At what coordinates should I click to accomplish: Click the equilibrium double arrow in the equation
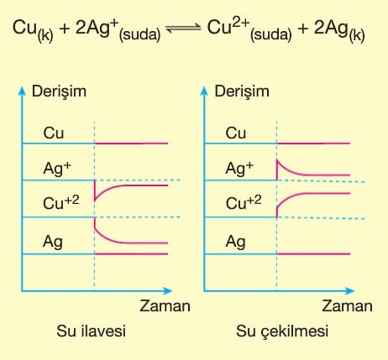point(184,28)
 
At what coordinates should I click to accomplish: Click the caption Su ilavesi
point(92,331)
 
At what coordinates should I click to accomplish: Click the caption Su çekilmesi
point(282,331)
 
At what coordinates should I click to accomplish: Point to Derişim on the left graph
point(59,92)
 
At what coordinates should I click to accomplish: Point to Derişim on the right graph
point(242,92)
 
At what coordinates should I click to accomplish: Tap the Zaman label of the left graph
point(165,305)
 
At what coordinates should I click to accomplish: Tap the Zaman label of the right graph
point(347,305)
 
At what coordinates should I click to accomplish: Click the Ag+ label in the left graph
point(57,169)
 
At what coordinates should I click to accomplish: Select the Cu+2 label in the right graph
point(244,202)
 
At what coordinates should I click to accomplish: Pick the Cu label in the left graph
point(54,133)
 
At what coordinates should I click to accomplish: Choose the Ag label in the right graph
point(235,242)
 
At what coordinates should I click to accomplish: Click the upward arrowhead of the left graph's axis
point(22,91)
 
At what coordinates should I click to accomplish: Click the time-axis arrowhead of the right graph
point(350,291)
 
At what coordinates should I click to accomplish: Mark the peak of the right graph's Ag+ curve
point(277,160)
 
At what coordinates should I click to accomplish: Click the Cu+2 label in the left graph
point(61,202)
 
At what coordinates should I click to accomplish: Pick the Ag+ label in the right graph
point(239,169)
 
